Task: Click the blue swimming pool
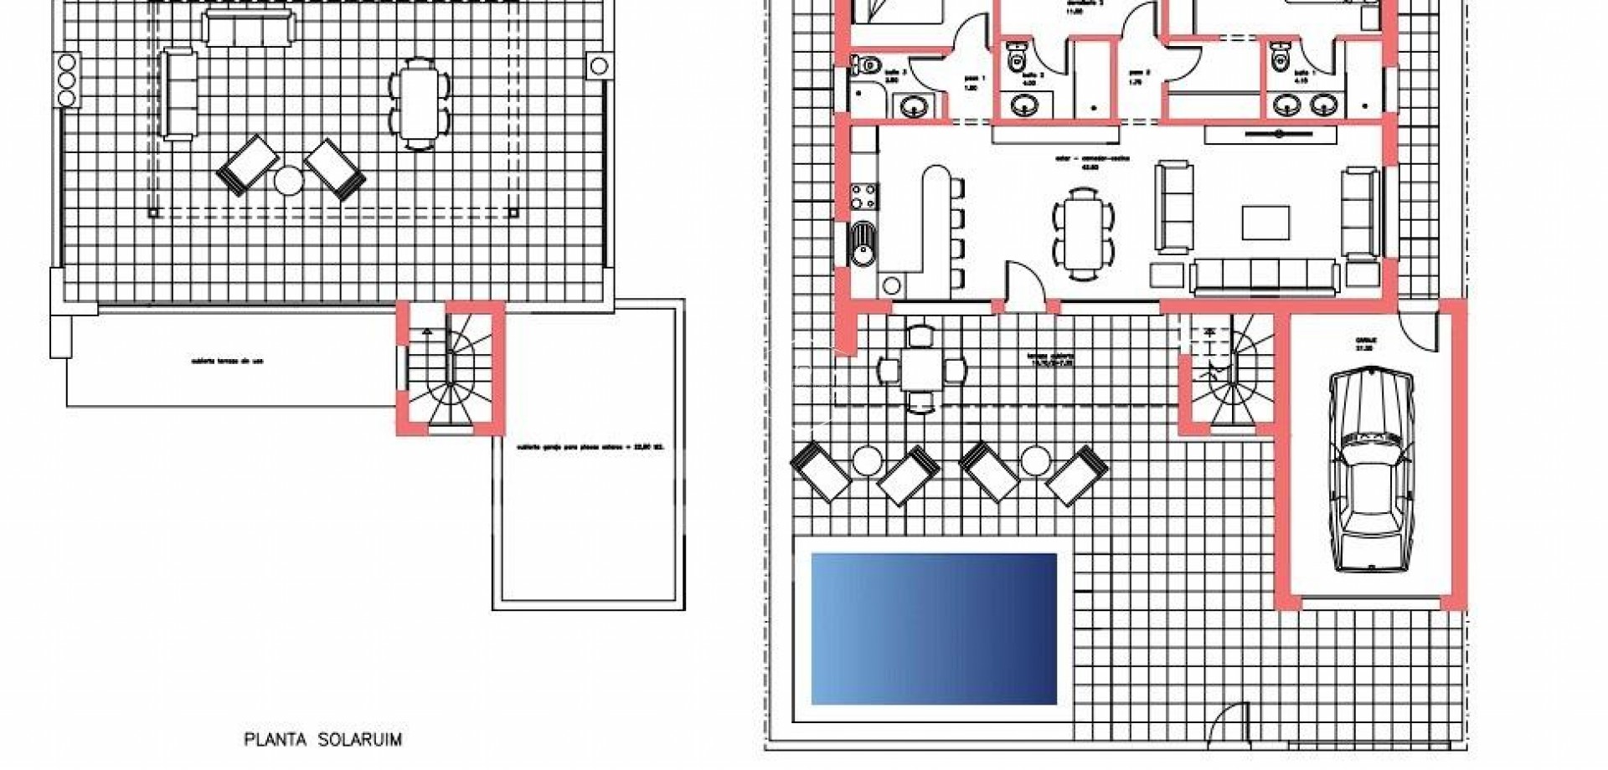934,628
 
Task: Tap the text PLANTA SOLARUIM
322,740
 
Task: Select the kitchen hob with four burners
864,198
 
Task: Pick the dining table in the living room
1083,233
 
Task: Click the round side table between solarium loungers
289,181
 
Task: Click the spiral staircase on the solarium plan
451,368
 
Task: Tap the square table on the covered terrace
921,368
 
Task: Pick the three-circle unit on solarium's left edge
67,80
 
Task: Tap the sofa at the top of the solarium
250,29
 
